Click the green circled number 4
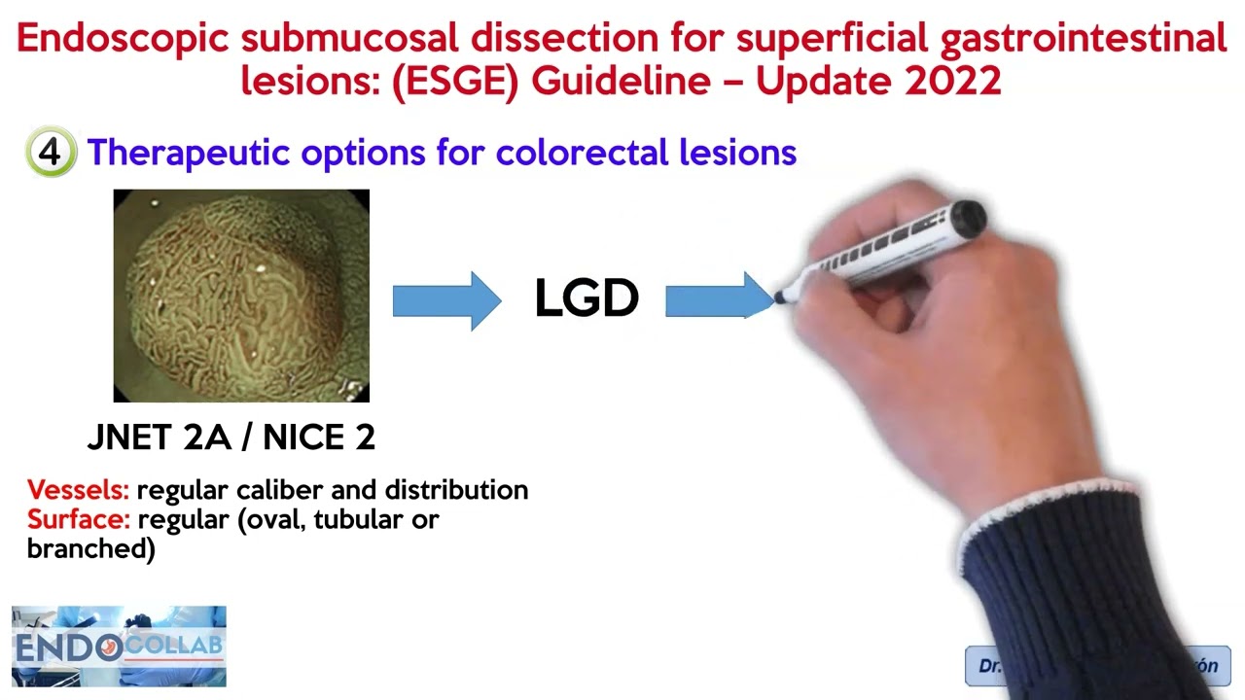point(51,153)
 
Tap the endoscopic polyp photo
point(241,296)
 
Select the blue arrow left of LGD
point(445,300)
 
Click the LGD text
point(587,299)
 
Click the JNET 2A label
point(157,437)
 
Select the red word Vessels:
point(78,490)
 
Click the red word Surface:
point(79,519)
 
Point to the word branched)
point(90,548)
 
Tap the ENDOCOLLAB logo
point(119,647)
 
